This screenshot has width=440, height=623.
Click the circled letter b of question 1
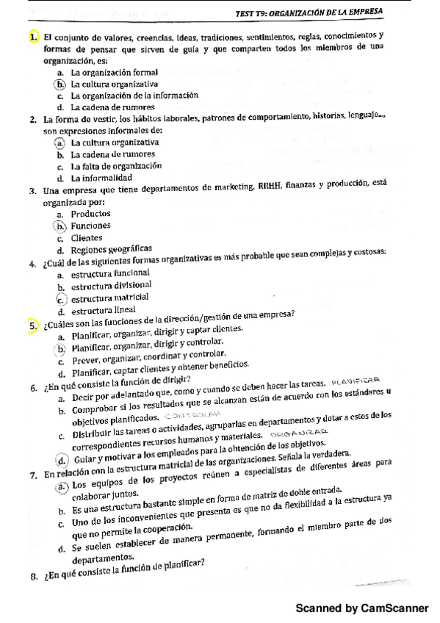[x=60, y=84]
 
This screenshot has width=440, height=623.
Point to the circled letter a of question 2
[x=59, y=142]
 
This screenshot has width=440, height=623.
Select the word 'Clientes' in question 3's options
[x=87, y=238]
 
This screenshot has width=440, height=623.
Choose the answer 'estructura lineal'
[x=104, y=309]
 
